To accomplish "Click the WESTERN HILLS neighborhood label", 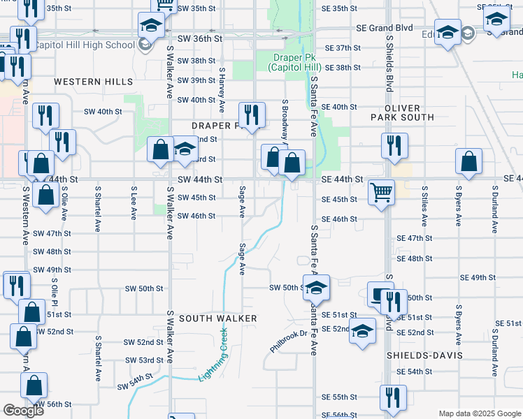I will click(x=88, y=82).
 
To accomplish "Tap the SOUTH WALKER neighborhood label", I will click(x=218, y=318).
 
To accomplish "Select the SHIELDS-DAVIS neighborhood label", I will click(x=424, y=355).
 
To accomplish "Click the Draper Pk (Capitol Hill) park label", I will click(x=294, y=62).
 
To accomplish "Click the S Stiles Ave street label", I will click(x=424, y=206).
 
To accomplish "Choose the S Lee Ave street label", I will click(x=133, y=203).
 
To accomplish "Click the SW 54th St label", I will click(x=135, y=381).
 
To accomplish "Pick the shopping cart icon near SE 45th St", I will click(x=381, y=191).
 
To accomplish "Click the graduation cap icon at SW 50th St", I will click(x=316, y=286).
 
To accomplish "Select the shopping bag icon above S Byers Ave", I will click(x=468, y=161).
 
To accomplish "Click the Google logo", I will click(x=23, y=411).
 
